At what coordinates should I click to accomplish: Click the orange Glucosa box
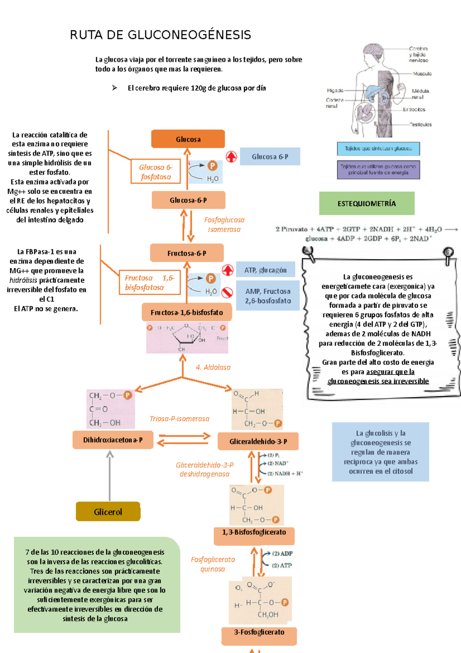pyautogui.click(x=188, y=139)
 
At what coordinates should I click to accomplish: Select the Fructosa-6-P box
pyautogui.click(x=187, y=253)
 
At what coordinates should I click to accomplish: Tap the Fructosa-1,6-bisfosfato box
pyautogui.click(x=187, y=312)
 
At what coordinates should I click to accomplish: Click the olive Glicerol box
pyautogui.click(x=108, y=512)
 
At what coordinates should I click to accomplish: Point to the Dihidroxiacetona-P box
pyautogui.click(x=113, y=440)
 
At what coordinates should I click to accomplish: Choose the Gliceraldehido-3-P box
pyautogui.click(x=258, y=441)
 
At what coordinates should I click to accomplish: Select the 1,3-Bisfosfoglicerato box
pyautogui.click(x=254, y=533)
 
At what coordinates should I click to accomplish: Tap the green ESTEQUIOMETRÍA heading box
pyautogui.click(x=366, y=203)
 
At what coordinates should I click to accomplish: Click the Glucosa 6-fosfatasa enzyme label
pyautogui.click(x=156, y=172)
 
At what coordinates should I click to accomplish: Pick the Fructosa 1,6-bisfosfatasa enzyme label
pyautogui.click(x=149, y=283)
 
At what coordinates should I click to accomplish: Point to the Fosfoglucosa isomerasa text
pyautogui.click(x=224, y=225)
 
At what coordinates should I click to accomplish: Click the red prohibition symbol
pyautogui.click(x=227, y=293)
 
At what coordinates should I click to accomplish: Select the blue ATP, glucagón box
pyautogui.click(x=265, y=270)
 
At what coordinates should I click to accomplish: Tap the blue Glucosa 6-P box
pyautogui.click(x=270, y=157)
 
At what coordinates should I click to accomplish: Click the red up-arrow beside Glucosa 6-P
pyautogui.click(x=231, y=157)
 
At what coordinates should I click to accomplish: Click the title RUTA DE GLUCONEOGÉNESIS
pyautogui.click(x=160, y=35)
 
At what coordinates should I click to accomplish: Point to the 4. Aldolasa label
pyautogui.click(x=213, y=367)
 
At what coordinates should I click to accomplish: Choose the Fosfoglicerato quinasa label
pyautogui.click(x=212, y=564)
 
